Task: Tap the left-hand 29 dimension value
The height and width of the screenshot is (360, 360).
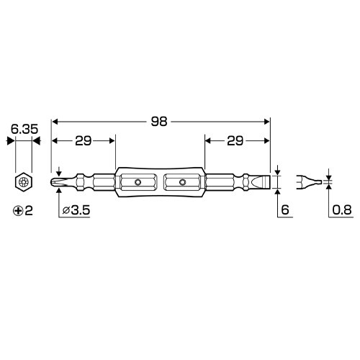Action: [x=83, y=142]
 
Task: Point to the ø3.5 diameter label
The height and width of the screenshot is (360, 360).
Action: [x=76, y=211]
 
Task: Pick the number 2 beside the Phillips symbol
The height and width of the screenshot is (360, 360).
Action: [x=30, y=211]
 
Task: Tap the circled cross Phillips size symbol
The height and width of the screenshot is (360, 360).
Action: [x=17, y=211]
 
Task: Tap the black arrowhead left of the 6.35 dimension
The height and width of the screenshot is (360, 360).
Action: [x=10, y=142]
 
